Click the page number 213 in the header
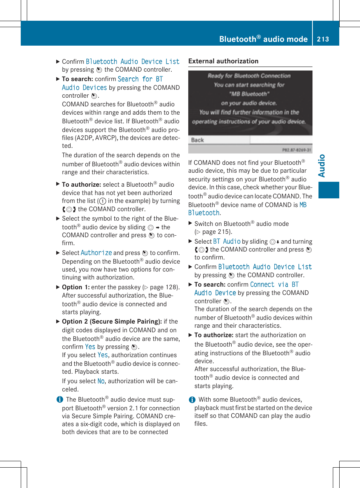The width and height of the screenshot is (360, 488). coord(323,39)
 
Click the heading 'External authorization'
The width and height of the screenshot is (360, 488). coord(223,61)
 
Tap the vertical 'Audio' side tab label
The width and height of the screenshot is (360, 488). coord(322,166)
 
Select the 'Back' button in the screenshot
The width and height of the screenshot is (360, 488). coord(197,140)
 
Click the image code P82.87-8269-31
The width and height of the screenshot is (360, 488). coord(297,150)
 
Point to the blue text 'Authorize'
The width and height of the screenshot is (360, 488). coord(96,253)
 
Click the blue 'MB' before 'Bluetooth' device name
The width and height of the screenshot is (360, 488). coord(303,205)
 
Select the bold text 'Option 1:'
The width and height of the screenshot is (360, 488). coord(76,287)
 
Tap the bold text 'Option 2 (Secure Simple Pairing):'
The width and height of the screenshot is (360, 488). coord(112,321)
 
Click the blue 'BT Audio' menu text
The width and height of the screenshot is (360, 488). coord(226,241)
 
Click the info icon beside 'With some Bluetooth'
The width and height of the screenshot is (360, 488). coord(192,400)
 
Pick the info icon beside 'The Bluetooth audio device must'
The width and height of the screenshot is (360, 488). coord(60,399)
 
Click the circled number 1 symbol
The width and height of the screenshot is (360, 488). coord(102,201)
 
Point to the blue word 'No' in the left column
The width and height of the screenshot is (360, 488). coord(101,381)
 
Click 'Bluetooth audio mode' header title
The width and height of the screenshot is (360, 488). coord(263,39)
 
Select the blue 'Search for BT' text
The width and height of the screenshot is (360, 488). coord(140,79)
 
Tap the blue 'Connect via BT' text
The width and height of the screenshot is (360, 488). coord(274,284)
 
